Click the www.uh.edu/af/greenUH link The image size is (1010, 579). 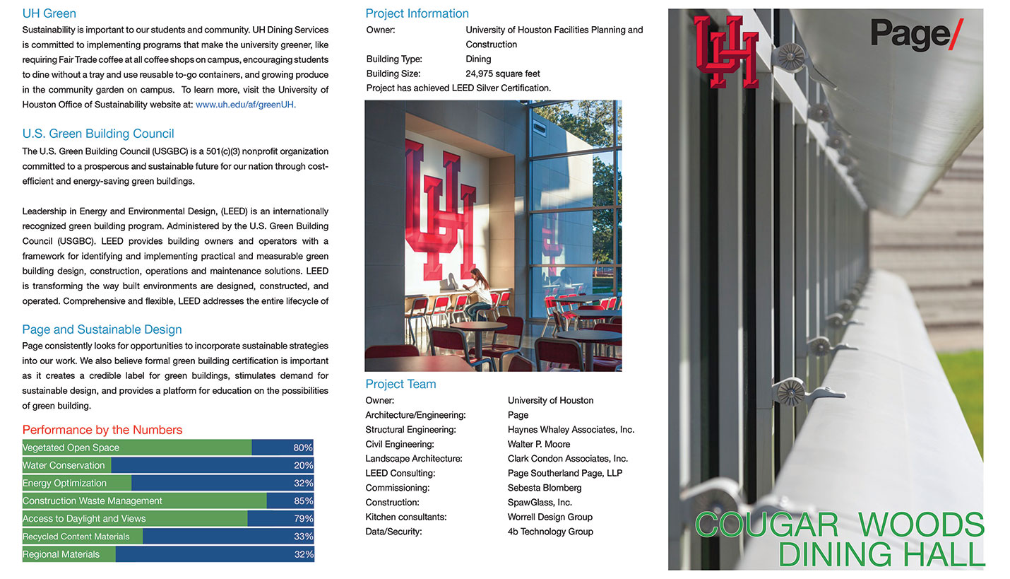pos(246,105)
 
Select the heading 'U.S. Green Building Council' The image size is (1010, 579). pos(98,134)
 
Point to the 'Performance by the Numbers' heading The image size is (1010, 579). pos(102,430)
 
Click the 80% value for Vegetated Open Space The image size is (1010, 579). pos(303,448)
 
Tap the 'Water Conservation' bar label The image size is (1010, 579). pos(64,465)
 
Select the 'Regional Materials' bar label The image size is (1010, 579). pos(61,554)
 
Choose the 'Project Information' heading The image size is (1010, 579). pos(417,13)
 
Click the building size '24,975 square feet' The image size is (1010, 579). pos(503,74)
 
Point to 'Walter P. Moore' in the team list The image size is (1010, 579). pos(539,444)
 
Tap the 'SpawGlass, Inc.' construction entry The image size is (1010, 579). pos(540,502)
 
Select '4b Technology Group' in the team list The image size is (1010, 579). pos(550,532)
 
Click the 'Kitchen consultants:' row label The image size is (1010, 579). pos(405,517)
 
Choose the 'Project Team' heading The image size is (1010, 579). pos(400,384)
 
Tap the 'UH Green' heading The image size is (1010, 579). pos(49,13)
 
